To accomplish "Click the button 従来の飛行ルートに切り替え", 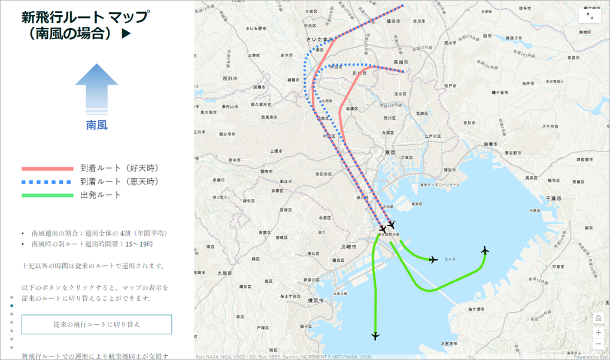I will [96, 324].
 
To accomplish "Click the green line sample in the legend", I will [47, 195].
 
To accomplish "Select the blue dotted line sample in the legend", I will [47, 181].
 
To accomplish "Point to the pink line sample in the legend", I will [47, 168].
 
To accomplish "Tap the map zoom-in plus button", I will [598, 332].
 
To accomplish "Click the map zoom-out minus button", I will [598, 344].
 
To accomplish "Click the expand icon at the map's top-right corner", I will [589, 16].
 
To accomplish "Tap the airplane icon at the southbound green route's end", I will [375, 336].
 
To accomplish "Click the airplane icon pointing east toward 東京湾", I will [434, 259].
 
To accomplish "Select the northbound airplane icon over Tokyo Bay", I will [485, 250].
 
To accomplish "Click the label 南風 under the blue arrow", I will [96, 125].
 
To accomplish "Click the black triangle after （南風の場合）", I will [126, 34].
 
